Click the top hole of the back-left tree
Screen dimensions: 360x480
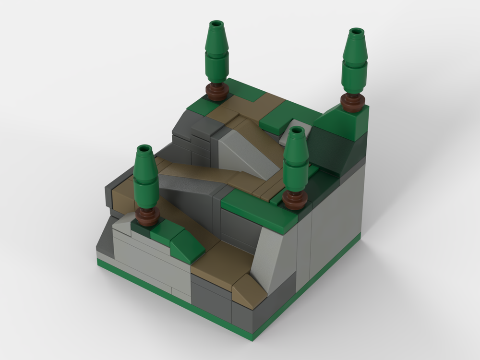(216, 24)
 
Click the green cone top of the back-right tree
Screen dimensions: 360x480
(356, 46)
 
